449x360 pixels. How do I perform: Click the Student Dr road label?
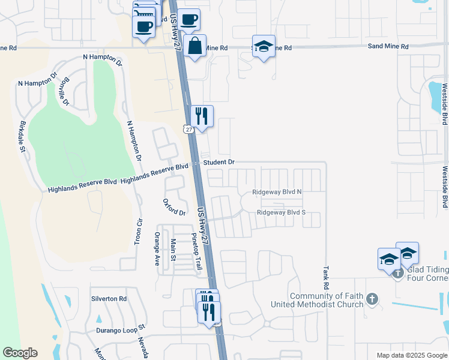[x=218, y=163]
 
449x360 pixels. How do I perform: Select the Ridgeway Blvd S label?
[x=281, y=212]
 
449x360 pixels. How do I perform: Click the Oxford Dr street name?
[x=175, y=207]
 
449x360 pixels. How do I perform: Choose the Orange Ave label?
[x=157, y=249]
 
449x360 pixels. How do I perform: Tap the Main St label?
[x=173, y=250]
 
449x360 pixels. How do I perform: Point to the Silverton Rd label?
[x=109, y=298]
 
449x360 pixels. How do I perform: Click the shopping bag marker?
[x=195, y=46]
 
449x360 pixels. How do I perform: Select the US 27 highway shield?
[x=188, y=129]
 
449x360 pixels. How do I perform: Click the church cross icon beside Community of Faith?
[x=372, y=298]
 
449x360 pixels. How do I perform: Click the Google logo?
[x=20, y=353]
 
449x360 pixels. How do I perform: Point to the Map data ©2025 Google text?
[x=411, y=355]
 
